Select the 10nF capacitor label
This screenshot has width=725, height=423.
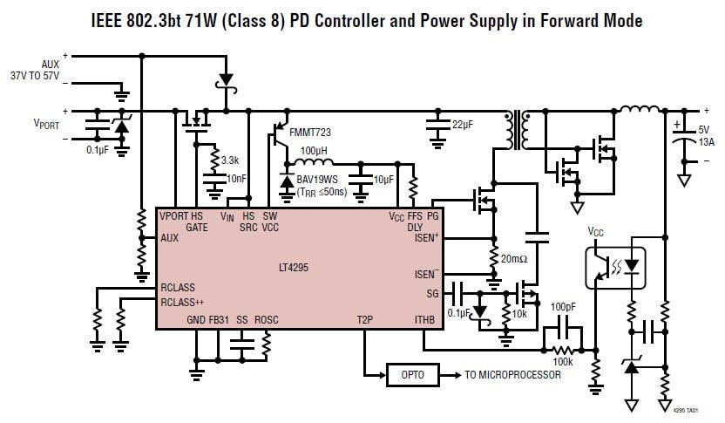(x=236, y=179)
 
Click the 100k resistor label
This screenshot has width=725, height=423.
(x=562, y=360)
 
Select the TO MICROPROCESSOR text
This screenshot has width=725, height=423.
(x=512, y=375)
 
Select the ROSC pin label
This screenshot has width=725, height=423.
(x=266, y=320)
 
